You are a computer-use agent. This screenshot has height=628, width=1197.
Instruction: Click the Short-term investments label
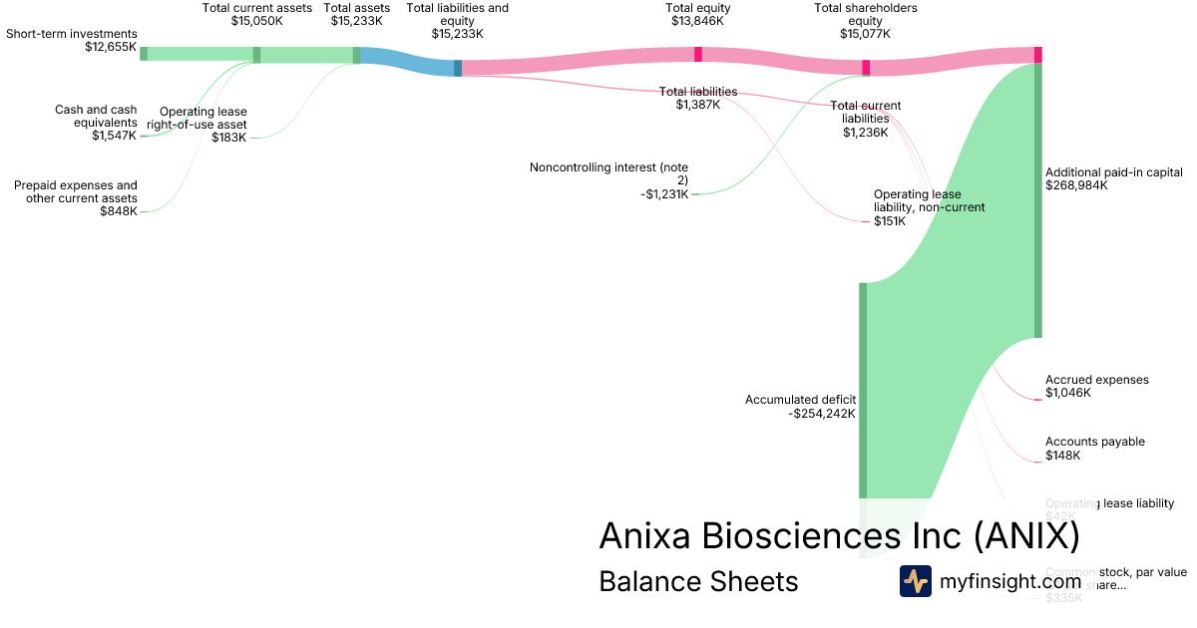point(71,33)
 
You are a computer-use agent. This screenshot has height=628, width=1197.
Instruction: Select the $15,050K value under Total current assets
point(257,20)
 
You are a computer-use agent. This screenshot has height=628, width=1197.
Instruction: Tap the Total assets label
point(357,8)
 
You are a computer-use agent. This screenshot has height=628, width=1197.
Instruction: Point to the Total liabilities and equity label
point(458,14)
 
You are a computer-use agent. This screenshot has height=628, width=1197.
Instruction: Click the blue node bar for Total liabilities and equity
point(458,68)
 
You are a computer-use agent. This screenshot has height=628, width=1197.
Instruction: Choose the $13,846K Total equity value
point(698,20)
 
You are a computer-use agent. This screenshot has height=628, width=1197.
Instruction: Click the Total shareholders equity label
point(866,14)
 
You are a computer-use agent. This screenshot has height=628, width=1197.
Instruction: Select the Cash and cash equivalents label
point(96,116)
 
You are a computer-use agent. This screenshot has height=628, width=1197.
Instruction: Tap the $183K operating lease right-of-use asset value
point(229,138)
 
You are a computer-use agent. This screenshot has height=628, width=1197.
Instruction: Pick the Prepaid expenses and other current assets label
point(76,191)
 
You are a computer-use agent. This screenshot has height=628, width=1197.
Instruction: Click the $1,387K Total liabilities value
point(697,105)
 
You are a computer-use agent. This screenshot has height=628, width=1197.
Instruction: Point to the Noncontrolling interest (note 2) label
point(608,173)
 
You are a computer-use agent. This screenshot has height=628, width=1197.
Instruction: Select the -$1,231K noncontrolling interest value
point(664,194)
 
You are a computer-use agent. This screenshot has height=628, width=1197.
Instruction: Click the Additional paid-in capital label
point(1113,172)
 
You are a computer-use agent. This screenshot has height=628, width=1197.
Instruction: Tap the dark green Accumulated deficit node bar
point(863,389)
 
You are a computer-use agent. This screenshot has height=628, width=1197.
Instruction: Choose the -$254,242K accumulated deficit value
point(821,414)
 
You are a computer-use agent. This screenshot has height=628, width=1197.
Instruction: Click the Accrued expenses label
point(1096,380)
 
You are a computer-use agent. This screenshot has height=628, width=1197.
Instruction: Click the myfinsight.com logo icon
point(915,581)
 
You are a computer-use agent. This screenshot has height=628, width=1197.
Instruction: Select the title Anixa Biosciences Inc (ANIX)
point(839,536)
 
